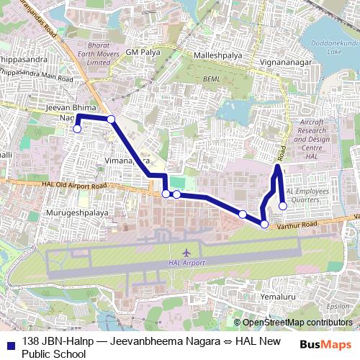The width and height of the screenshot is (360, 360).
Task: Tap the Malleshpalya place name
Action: (x=217, y=55)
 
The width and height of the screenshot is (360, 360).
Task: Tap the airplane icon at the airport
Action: (x=186, y=253)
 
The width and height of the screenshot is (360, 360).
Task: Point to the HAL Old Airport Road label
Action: (x=79, y=186)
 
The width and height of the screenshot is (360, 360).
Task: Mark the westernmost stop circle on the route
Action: (x=77, y=130)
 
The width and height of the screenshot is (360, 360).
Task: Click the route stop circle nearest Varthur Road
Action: (x=264, y=225)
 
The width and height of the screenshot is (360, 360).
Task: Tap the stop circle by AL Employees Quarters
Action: (x=283, y=206)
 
